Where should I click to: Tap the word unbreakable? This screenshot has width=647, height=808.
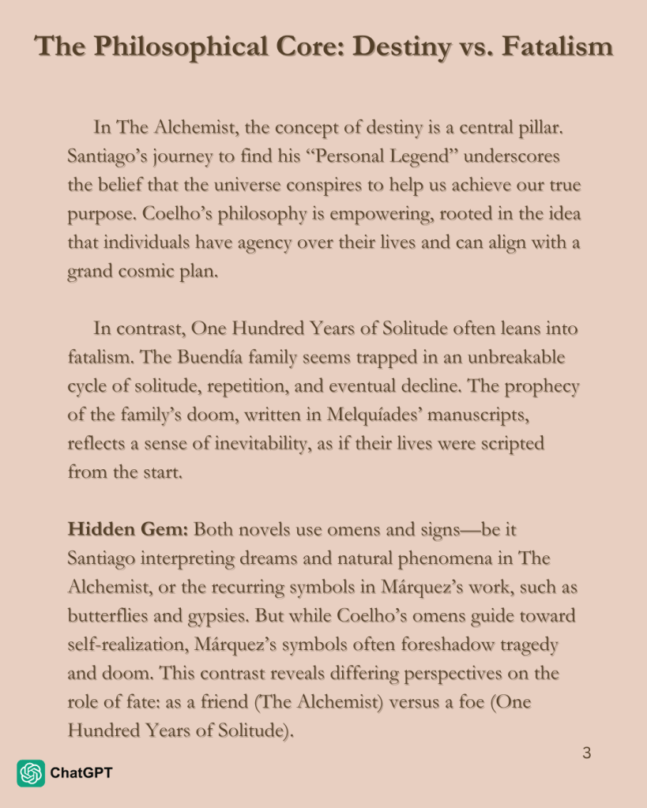point(513,357)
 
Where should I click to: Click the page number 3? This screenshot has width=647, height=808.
point(586,753)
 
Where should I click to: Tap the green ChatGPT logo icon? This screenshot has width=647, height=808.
point(31,773)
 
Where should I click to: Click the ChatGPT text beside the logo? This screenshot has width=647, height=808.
point(81,773)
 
